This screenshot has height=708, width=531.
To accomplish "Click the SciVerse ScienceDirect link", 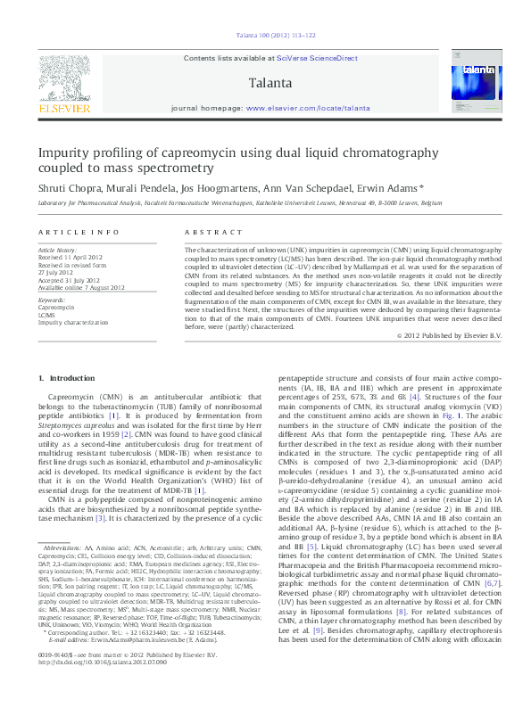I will pyautogui.click(x=319, y=58).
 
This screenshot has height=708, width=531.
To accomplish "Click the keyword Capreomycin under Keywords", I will pyautogui.click(x=56, y=306).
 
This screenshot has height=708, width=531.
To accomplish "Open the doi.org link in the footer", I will pyautogui.click(x=98, y=687).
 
